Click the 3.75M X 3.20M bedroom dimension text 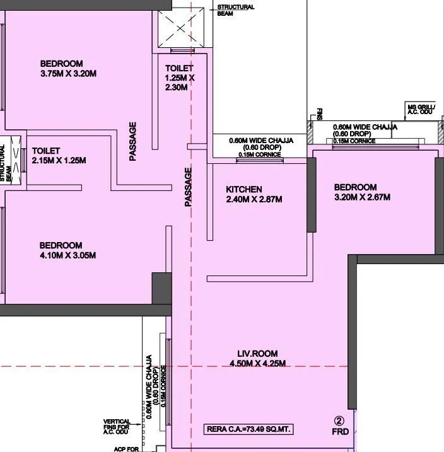[x=68, y=73]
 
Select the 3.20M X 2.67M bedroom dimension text [x=362, y=197]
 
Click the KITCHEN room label [x=244, y=189]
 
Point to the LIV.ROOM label [x=257, y=354]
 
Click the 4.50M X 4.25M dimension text [x=258, y=364]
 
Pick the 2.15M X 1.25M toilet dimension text [x=59, y=161]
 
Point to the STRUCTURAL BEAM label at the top [x=235, y=10]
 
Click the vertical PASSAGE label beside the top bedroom [x=133, y=141]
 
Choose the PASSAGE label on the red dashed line [x=188, y=187]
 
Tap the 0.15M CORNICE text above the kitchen [x=259, y=154]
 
